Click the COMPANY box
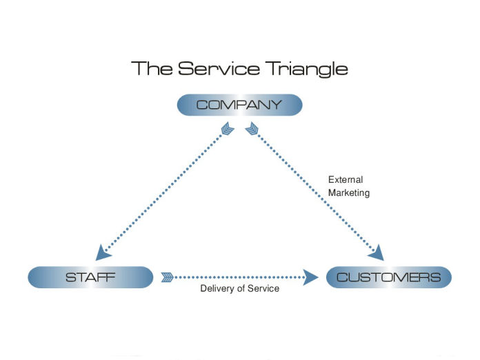coord(239,105)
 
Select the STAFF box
coord(90,277)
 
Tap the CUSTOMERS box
coord(388,277)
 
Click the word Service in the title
coord(214,69)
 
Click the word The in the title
coord(152,69)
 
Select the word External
coord(345,180)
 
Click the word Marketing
coord(349,193)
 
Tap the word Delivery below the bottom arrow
coord(217,288)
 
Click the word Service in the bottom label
coord(263,288)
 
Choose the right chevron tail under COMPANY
coord(252,129)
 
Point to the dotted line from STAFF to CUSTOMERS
coord(241,277)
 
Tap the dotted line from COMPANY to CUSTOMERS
coord(314,190)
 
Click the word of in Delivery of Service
coord(241,288)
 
